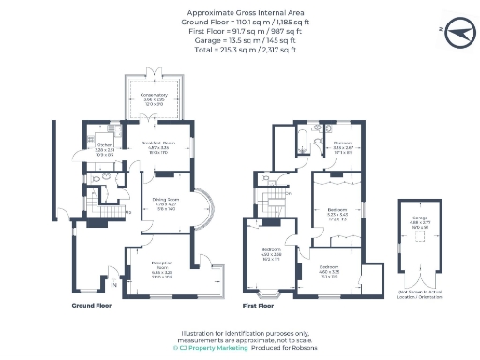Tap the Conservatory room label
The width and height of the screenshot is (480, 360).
[155, 97]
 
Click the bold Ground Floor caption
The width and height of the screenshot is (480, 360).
[93, 306]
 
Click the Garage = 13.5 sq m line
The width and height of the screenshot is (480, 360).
[240, 42]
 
